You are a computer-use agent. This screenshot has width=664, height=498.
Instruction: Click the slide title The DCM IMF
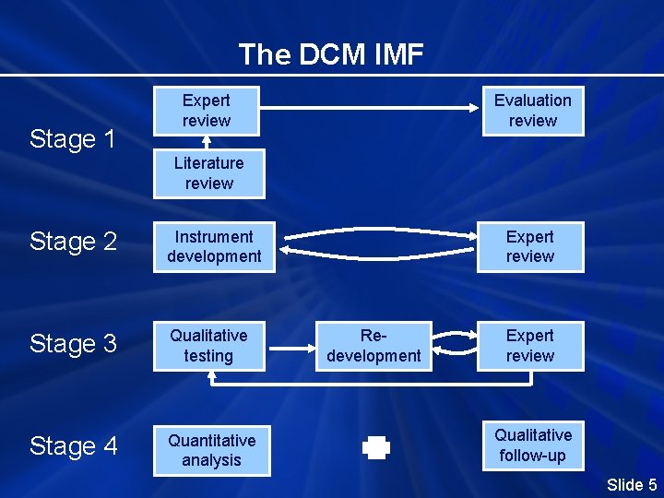click(x=331, y=55)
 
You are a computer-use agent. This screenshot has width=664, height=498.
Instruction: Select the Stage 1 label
click(x=73, y=139)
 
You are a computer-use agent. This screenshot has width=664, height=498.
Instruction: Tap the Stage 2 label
click(x=73, y=242)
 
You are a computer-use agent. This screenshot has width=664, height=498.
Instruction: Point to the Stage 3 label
click(x=73, y=344)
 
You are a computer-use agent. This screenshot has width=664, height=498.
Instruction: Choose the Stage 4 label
click(x=73, y=446)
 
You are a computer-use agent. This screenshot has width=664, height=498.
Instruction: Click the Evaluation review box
click(x=532, y=111)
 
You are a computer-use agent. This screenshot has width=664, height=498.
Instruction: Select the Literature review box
click(x=208, y=173)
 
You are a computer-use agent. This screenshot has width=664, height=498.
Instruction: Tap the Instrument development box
click(x=214, y=247)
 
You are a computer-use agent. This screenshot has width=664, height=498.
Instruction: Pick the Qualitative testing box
click(x=208, y=345)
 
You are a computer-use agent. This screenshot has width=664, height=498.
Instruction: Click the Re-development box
click(x=373, y=345)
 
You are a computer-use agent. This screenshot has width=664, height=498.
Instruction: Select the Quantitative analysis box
click(x=211, y=450)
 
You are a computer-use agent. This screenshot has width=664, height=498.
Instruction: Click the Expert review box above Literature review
click(x=206, y=111)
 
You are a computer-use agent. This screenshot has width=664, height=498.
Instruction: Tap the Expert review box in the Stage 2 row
click(x=529, y=247)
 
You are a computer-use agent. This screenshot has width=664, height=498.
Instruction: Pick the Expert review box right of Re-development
click(x=529, y=345)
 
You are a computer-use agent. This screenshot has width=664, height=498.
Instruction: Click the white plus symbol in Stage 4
click(x=376, y=448)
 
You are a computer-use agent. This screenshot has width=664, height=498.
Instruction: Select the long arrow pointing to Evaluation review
click(x=369, y=110)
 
